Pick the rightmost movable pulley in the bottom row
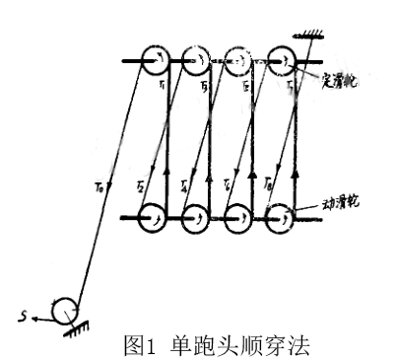point(280,216)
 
